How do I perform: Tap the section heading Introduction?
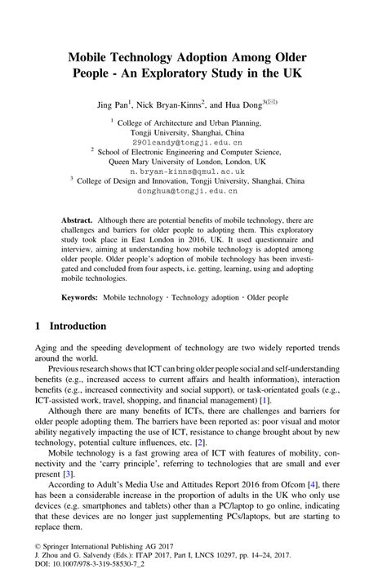tap(79, 326)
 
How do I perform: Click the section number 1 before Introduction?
tap(38, 326)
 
